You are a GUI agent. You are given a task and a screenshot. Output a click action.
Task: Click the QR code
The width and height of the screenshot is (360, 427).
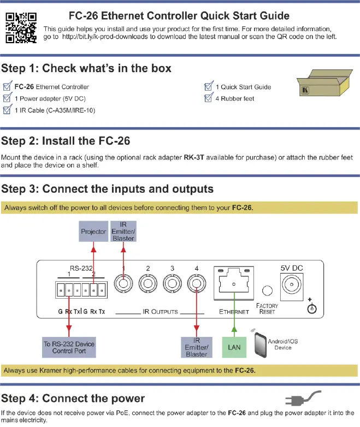tap(21, 28)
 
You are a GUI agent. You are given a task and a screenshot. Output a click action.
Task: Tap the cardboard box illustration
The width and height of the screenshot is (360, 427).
tap(324, 82)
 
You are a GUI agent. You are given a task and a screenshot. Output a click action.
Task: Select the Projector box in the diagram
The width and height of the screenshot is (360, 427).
tap(93, 231)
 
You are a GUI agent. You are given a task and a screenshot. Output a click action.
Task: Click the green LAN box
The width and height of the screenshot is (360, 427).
tap(234, 347)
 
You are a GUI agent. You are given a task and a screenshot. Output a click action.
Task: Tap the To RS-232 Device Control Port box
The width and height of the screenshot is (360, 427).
tap(69, 347)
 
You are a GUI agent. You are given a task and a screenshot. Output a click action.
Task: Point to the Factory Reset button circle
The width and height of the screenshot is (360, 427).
tap(267, 290)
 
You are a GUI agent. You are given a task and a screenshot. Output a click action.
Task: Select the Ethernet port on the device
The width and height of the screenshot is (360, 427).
tap(234, 283)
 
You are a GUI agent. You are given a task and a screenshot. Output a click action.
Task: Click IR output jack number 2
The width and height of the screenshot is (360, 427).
tap(147, 283)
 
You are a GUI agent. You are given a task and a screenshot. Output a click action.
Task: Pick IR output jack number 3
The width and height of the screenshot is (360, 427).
tap(172, 283)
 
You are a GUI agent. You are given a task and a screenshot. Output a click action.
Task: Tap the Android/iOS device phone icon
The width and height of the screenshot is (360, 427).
tap(260, 345)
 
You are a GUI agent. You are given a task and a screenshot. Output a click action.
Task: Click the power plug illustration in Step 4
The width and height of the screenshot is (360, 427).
tap(303, 398)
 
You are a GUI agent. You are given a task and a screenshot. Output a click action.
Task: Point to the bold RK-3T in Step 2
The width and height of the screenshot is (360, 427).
tap(194, 157)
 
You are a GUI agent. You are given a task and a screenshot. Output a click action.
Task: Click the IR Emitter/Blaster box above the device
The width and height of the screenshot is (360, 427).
tap(123, 231)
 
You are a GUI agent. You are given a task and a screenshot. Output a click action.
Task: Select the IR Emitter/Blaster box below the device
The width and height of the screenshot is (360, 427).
tap(197, 347)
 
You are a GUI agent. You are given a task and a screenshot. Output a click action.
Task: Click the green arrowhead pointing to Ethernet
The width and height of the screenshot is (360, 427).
tap(234, 329)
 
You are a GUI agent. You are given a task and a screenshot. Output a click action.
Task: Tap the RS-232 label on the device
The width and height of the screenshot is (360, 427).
tap(81, 268)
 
